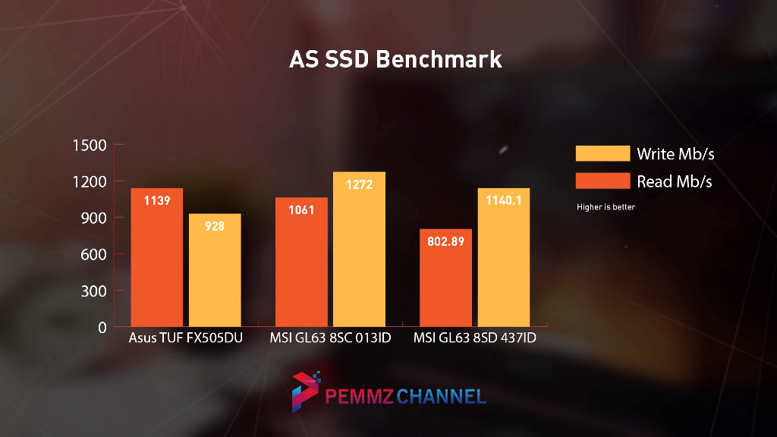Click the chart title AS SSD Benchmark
(395, 59)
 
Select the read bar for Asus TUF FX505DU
(156, 257)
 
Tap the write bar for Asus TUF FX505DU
(215, 270)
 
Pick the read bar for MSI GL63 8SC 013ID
(301, 262)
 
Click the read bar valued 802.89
(446, 278)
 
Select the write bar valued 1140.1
(504, 257)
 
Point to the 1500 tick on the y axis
(89, 145)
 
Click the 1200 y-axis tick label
(89, 181)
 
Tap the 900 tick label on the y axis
(93, 218)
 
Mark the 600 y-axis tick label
(93, 254)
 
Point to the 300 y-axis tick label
(93, 291)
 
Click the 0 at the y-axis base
(102, 327)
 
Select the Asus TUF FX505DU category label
(186, 338)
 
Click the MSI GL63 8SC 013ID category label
(330, 338)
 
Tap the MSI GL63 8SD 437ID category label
(475, 338)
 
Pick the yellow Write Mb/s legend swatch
(602, 153)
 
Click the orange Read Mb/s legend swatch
(602, 181)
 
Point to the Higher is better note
(606, 206)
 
